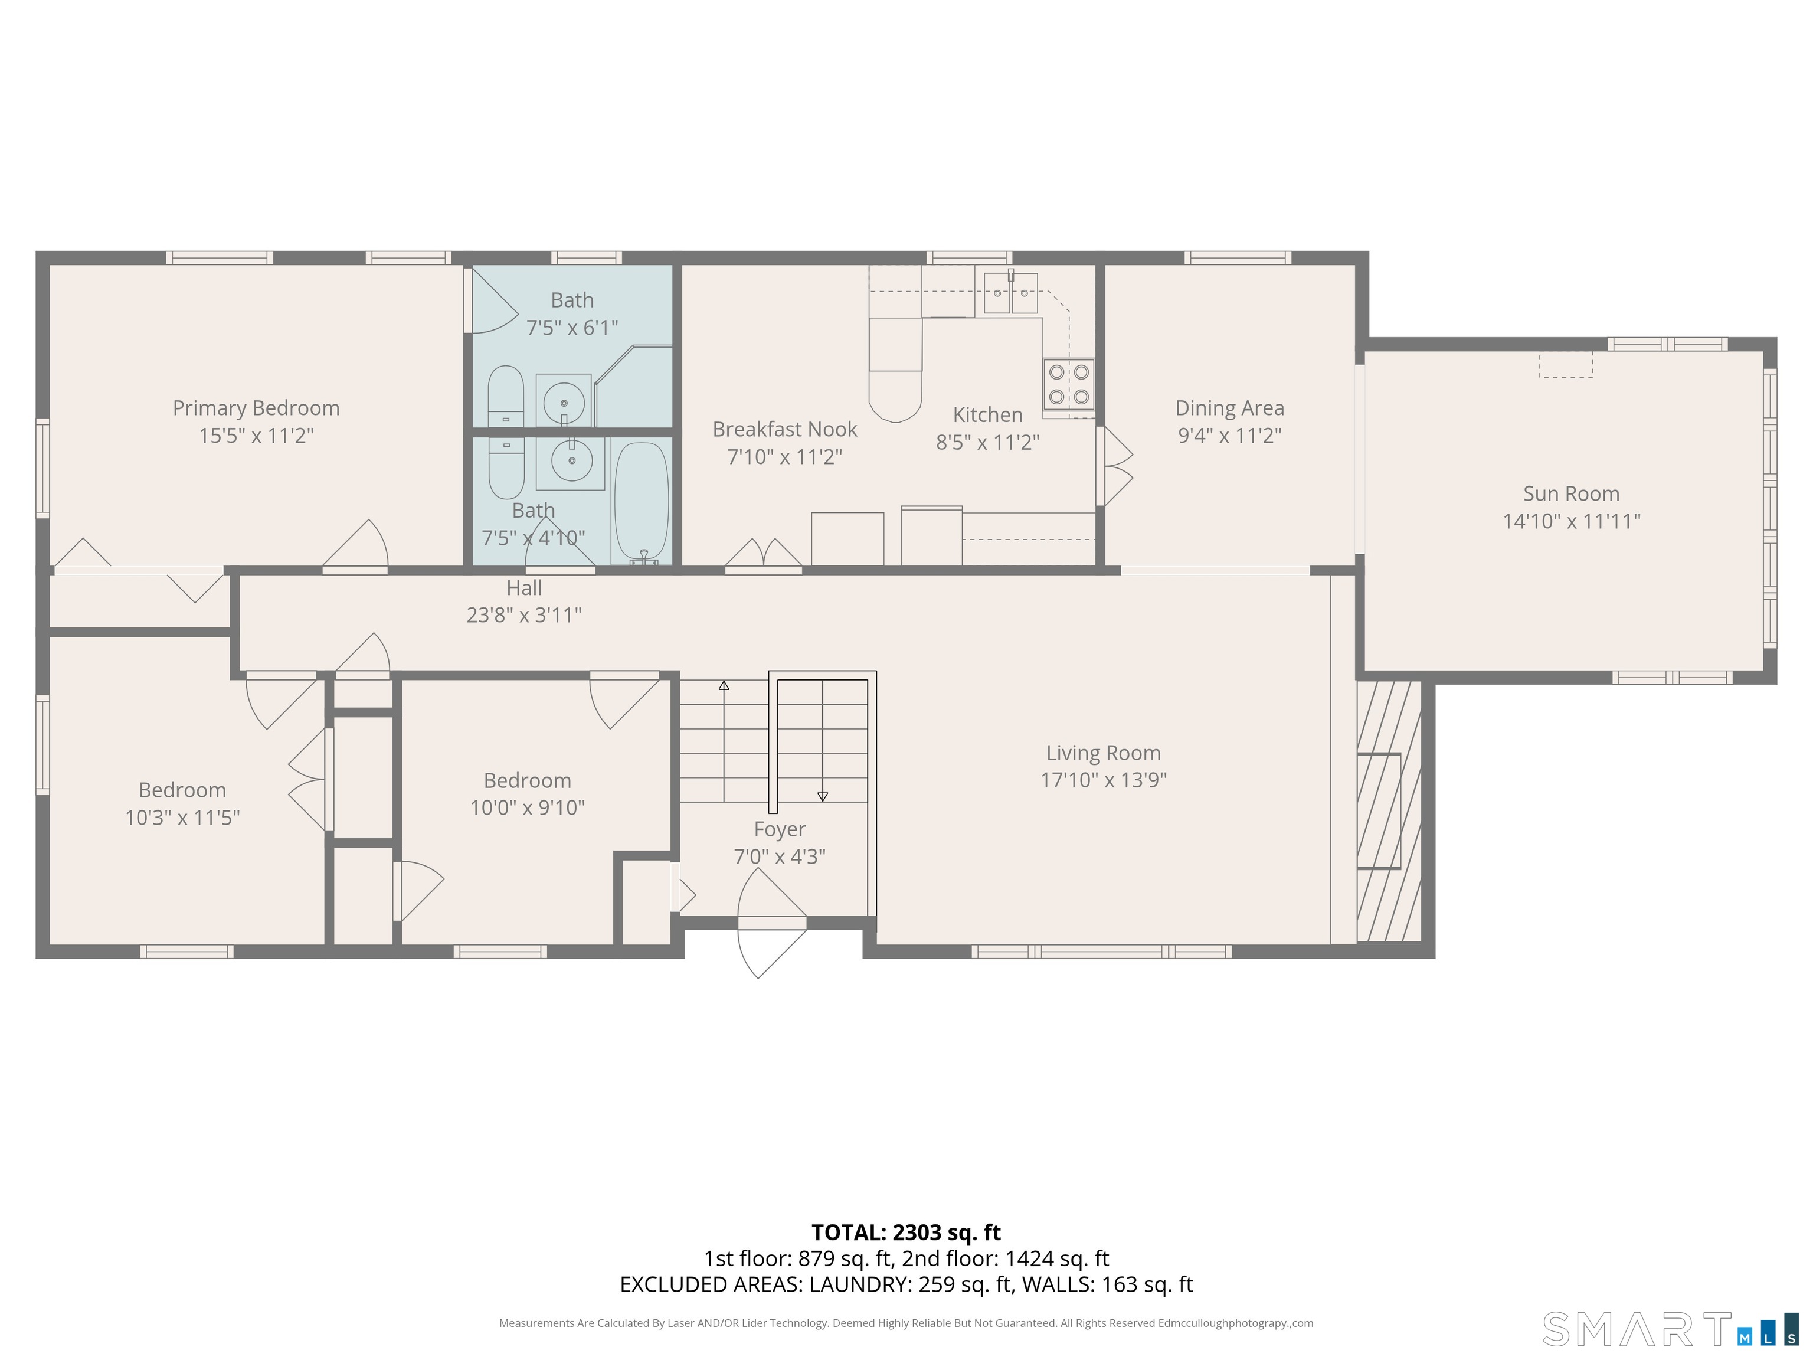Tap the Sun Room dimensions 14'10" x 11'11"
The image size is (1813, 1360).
click(x=1571, y=521)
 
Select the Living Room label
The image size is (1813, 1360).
click(x=1103, y=753)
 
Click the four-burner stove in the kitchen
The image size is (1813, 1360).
click(x=1069, y=384)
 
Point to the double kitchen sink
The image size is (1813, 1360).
click(x=1010, y=293)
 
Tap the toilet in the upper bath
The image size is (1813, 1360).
click(x=506, y=396)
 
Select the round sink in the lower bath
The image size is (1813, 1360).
click(x=571, y=460)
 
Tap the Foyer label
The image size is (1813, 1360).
click(x=780, y=829)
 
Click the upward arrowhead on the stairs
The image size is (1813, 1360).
click(x=724, y=685)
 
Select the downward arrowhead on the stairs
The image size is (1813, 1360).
click(x=823, y=796)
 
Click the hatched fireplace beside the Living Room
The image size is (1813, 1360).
click(x=1389, y=811)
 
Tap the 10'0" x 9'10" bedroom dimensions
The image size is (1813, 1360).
click(x=527, y=807)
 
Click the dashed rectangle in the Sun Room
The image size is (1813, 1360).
click(x=1566, y=365)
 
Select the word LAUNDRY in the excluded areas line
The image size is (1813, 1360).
click(x=858, y=1284)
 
